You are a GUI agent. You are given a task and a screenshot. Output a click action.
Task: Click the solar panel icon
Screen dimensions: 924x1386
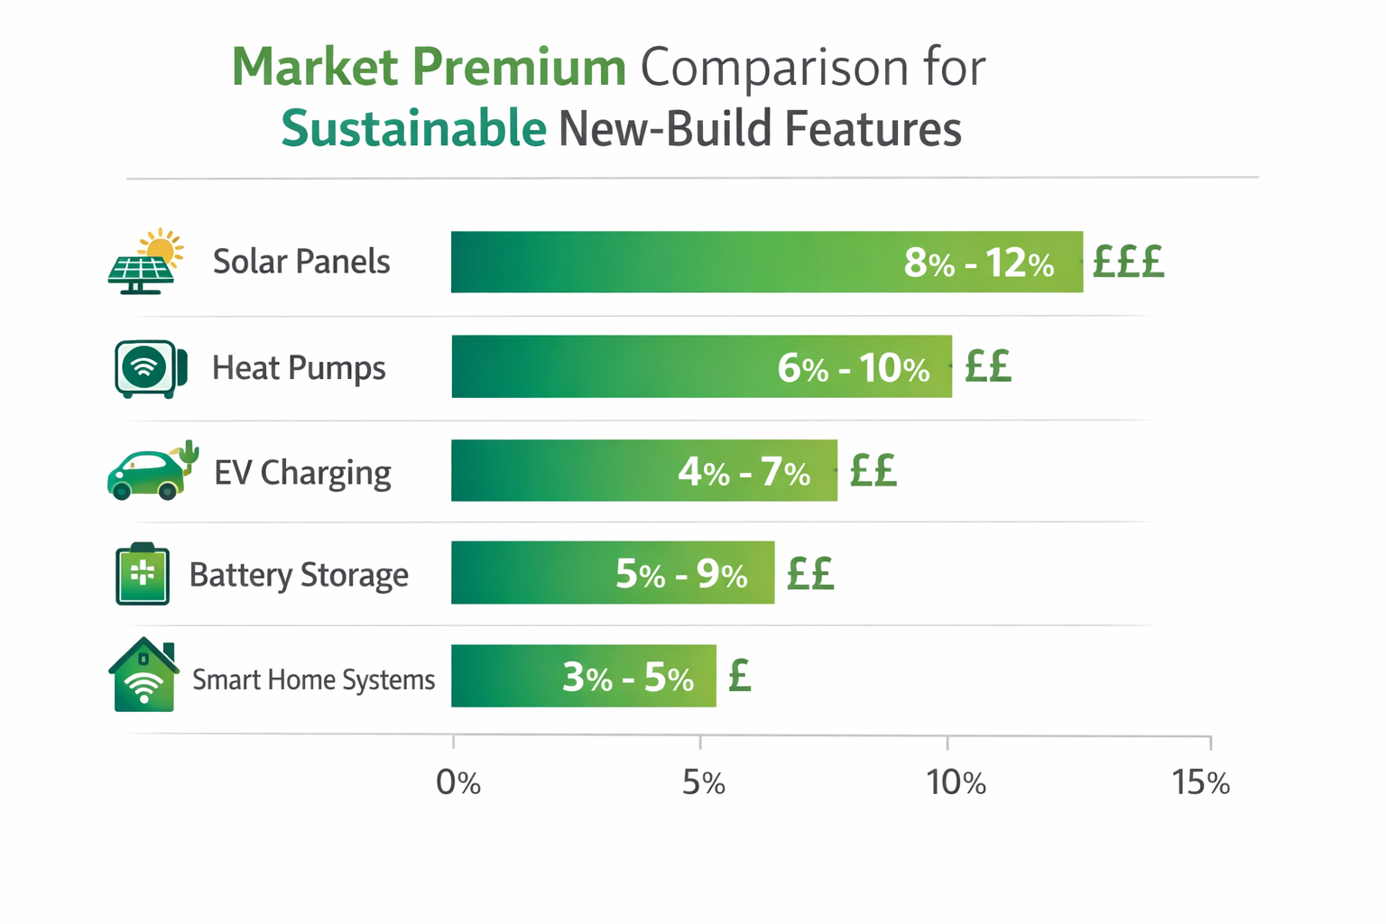click(144, 263)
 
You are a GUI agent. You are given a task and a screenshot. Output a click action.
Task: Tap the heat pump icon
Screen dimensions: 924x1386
click(150, 368)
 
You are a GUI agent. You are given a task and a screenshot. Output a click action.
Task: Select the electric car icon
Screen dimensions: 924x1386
click(151, 471)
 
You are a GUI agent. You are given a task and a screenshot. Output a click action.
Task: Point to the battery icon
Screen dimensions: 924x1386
click(143, 574)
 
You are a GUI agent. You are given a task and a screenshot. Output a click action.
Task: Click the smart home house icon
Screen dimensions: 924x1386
click(143, 676)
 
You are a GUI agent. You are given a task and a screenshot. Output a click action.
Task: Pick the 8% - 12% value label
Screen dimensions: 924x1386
click(979, 263)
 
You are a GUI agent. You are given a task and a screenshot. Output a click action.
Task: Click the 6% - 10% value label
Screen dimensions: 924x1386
click(854, 368)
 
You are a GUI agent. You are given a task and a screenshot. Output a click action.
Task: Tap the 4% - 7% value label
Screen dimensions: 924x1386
click(744, 472)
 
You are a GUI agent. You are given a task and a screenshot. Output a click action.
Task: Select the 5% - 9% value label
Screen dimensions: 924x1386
click(681, 574)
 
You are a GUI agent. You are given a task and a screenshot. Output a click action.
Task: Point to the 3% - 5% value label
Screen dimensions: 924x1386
click(628, 677)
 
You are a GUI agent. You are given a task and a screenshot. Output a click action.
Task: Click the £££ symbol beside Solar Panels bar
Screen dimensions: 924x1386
click(1128, 263)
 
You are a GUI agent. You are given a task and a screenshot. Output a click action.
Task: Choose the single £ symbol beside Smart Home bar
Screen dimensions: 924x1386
click(740, 675)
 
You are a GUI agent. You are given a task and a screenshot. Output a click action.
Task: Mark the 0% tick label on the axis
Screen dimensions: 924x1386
click(458, 782)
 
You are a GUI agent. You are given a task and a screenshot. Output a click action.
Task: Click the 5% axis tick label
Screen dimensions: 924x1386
click(704, 782)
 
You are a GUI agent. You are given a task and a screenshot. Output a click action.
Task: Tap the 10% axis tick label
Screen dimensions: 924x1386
click(956, 782)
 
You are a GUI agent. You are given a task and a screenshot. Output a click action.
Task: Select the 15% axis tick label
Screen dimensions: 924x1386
click(1200, 782)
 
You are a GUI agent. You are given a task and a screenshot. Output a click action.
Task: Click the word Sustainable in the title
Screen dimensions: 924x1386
click(413, 128)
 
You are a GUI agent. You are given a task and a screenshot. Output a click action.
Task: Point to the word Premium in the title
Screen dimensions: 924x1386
click(519, 68)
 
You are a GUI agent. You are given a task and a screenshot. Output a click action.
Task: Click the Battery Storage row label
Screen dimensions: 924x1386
click(299, 575)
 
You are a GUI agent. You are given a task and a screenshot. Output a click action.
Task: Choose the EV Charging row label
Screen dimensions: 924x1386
click(302, 472)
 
